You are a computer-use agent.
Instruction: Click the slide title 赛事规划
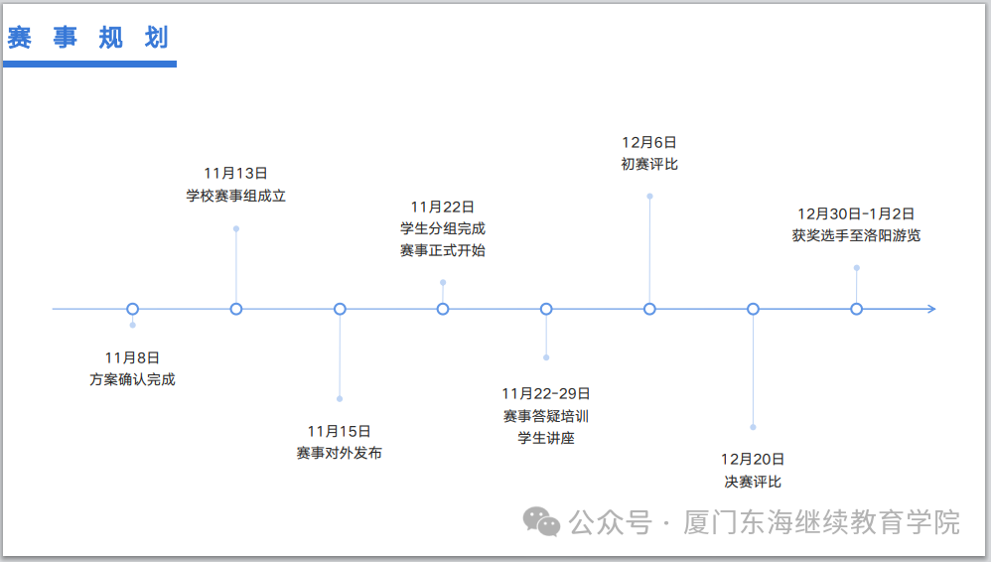click(x=88, y=38)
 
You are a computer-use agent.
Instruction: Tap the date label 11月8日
click(x=132, y=356)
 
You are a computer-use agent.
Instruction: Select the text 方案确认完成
click(x=132, y=378)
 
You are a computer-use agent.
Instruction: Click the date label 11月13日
click(x=235, y=174)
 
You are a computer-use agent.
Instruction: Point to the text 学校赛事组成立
click(x=235, y=196)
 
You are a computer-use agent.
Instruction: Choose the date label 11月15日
click(x=339, y=431)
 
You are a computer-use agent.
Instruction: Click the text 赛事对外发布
click(x=339, y=453)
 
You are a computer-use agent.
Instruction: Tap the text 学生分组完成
click(x=443, y=228)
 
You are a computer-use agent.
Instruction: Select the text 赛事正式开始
click(x=443, y=250)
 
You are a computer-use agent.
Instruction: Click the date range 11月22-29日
click(x=545, y=393)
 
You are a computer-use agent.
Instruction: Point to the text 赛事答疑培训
click(x=545, y=415)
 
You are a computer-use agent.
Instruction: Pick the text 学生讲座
click(x=545, y=437)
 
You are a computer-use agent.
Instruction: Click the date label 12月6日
click(x=649, y=142)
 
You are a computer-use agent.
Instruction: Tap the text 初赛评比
click(x=649, y=164)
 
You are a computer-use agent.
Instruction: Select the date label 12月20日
click(x=753, y=459)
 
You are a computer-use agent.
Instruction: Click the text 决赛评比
click(x=753, y=482)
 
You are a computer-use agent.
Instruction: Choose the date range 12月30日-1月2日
click(x=856, y=213)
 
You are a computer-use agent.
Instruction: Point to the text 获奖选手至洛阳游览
click(x=856, y=235)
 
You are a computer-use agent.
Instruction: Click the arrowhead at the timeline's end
click(x=930, y=309)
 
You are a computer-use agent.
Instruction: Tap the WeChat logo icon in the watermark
click(x=542, y=521)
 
